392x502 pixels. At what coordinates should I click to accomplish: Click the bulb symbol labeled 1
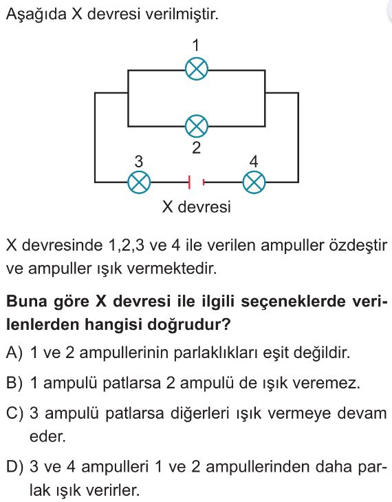coord(196,69)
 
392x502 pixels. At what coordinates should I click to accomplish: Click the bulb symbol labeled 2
coord(196,126)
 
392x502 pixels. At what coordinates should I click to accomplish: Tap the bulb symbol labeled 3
coord(139,182)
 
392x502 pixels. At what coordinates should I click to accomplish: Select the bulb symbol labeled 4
coord(254,182)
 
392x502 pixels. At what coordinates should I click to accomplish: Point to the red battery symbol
coord(196,182)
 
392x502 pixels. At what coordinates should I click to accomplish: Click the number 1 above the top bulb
coord(196,45)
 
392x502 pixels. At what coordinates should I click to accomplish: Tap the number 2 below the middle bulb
coord(196,148)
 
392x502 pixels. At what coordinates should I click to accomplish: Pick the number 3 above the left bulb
coord(138,161)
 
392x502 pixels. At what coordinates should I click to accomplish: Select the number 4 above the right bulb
coord(254,161)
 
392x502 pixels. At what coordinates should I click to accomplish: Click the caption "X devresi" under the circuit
coord(196,207)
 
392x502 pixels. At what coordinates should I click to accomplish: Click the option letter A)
coord(14,353)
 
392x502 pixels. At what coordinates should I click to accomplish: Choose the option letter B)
coord(14,383)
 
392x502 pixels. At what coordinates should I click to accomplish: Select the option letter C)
coord(15,413)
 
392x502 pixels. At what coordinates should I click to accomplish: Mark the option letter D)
coord(15,466)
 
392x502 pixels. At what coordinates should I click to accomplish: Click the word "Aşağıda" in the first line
coord(36,14)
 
